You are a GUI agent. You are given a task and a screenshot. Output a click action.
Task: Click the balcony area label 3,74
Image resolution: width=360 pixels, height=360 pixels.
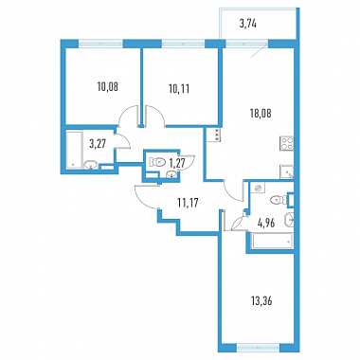247,25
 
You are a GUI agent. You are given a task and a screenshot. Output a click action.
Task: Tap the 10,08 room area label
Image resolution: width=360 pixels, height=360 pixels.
108,86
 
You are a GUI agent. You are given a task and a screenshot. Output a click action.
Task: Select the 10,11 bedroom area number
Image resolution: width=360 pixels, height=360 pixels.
179,89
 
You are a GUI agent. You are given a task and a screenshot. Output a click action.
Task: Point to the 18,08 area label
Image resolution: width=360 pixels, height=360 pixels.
261,113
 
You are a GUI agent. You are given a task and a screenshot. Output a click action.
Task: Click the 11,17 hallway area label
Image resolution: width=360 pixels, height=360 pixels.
188,203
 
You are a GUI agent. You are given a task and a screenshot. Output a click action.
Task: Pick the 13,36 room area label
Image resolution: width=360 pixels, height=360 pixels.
261,301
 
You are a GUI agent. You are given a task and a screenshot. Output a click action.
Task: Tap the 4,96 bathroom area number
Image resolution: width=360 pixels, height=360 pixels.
266,224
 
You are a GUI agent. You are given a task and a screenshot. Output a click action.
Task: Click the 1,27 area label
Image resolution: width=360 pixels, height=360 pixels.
176,163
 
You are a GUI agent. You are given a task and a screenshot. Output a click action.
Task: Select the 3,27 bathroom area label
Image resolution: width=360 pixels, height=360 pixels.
98,144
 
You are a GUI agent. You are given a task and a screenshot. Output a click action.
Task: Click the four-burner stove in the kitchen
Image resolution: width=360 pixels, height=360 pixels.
287,143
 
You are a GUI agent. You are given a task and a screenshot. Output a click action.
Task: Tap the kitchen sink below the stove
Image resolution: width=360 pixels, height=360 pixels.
287,172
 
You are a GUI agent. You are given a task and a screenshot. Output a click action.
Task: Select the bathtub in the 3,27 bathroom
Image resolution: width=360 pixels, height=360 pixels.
74,150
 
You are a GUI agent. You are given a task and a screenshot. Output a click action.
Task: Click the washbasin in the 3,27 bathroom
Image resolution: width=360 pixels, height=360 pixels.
91,165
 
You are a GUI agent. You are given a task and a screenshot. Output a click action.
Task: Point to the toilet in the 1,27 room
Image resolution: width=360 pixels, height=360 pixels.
157,162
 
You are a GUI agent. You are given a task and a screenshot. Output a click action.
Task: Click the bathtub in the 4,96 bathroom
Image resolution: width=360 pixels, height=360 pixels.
273,241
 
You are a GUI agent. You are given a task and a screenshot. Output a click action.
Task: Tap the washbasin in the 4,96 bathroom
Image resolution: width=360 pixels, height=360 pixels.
289,220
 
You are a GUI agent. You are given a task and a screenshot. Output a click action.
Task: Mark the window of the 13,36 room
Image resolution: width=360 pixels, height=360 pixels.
259,348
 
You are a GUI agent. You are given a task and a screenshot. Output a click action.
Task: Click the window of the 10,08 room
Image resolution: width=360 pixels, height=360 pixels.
100,44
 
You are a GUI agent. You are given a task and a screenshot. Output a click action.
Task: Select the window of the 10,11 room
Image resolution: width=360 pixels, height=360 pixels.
184,44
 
